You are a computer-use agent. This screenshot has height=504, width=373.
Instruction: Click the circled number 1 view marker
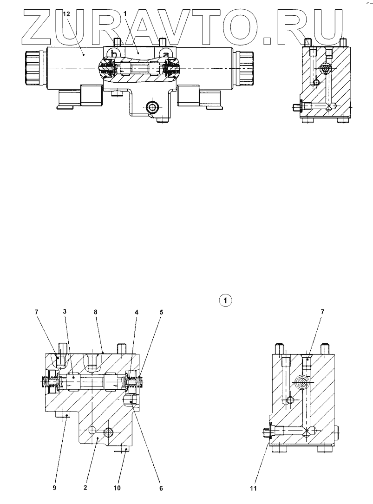click(225, 301)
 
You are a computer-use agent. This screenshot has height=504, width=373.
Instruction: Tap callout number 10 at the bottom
click(118, 488)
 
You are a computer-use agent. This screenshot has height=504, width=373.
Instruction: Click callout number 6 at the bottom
click(161, 488)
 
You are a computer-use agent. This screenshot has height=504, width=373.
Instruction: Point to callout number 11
click(254, 488)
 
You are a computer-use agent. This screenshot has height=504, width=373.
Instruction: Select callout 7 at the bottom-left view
click(37, 313)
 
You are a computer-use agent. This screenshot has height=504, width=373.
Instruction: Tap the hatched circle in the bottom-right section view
click(301, 383)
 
